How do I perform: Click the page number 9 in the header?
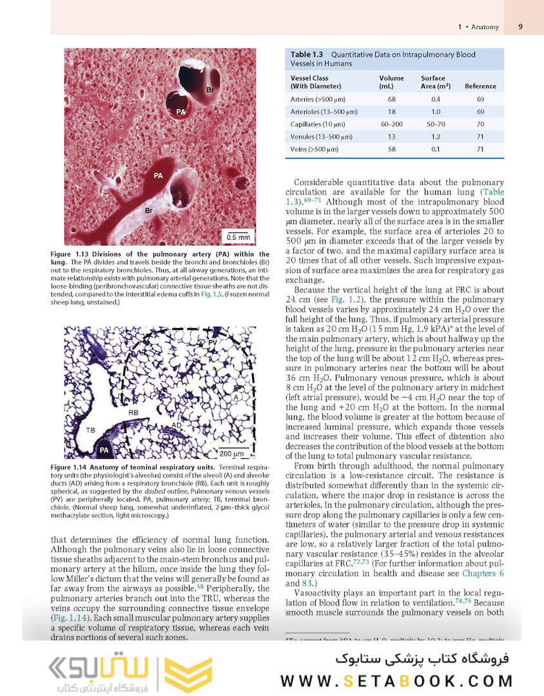(x=520, y=27)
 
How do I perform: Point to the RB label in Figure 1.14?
(x=133, y=412)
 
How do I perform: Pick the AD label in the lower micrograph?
(x=176, y=425)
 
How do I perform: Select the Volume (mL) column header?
(x=391, y=82)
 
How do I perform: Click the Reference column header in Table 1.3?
(x=480, y=86)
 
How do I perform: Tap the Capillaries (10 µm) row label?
(x=318, y=124)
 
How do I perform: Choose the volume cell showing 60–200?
(x=391, y=124)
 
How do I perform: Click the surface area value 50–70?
(x=436, y=124)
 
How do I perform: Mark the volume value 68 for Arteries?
(x=391, y=99)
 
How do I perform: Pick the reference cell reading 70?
(x=480, y=124)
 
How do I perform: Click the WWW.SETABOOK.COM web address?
(x=396, y=681)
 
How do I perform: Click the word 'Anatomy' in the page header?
(x=485, y=27)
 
